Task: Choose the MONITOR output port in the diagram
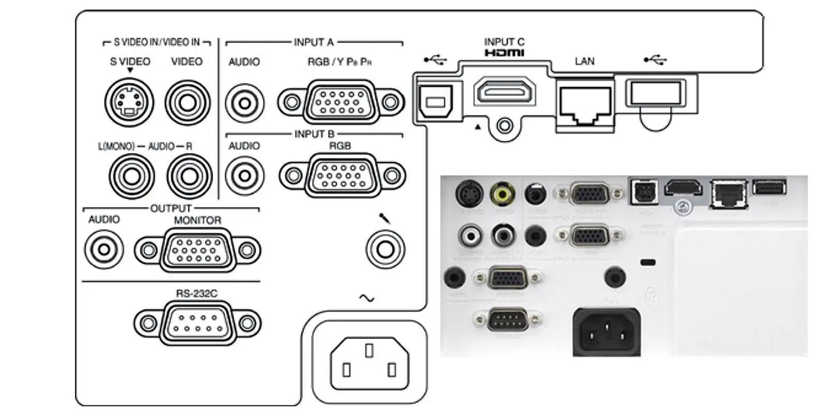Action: pyautogui.click(x=198, y=250)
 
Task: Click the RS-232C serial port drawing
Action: pyautogui.click(x=198, y=322)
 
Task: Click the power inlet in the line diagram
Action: pyautogui.click(x=370, y=362)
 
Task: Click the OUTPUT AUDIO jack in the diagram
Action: pyautogui.click(x=104, y=250)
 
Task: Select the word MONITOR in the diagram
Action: pyautogui.click(x=198, y=220)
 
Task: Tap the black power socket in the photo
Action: pyautogui.click(x=606, y=332)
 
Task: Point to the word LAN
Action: pyautogui.click(x=584, y=61)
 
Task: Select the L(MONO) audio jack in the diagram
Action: pyautogui.click(x=131, y=175)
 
